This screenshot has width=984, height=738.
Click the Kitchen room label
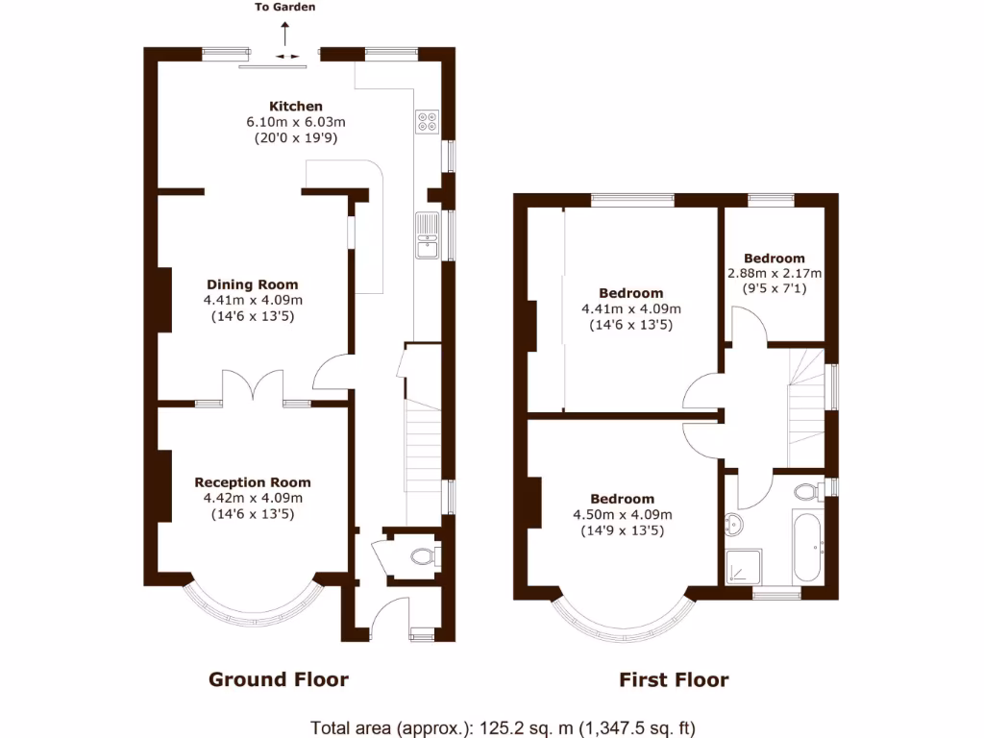point(295,107)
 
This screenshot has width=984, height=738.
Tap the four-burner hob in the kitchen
point(427,121)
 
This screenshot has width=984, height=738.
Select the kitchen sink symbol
point(427,236)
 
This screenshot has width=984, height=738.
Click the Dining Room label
point(253,284)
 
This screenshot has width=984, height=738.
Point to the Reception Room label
point(253,482)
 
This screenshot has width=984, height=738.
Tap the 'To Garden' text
point(284,8)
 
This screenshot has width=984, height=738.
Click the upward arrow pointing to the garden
point(284,33)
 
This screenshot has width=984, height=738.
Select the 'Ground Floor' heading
point(279,680)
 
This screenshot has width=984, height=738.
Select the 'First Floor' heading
point(673,680)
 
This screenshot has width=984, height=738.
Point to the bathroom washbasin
point(734,525)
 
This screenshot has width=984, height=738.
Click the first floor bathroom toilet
point(807,492)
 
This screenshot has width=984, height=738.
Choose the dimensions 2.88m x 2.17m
point(775,273)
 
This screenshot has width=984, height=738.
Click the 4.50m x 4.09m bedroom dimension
point(622,514)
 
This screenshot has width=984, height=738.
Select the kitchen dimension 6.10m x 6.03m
point(295,122)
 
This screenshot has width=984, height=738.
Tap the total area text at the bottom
point(503,726)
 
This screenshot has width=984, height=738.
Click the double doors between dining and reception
point(253,386)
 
